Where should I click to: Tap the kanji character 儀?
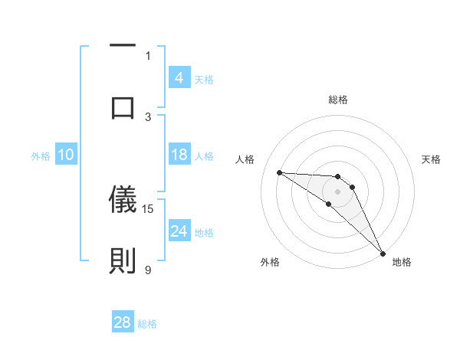(x=123, y=199)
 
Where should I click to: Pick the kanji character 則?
(x=123, y=260)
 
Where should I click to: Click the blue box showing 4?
(x=179, y=77)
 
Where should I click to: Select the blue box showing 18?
(x=179, y=155)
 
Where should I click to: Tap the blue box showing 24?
(x=179, y=231)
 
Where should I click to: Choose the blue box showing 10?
(x=65, y=155)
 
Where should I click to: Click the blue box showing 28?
(x=123, y=322)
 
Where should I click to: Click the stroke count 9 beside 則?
(x=148, y=270)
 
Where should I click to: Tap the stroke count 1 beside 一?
(x=148, y=55)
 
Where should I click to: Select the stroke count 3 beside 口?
(x=148, y=116)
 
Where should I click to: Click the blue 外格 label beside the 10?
(x=41, y=156)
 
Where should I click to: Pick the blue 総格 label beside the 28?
(x=147, y=323)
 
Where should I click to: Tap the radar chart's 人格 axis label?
(x=246, y=159)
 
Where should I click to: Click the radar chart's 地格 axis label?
(x=402, y=262)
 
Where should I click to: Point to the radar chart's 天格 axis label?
(x=431, y=159)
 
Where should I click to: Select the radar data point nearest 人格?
(x=279, y=172)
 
